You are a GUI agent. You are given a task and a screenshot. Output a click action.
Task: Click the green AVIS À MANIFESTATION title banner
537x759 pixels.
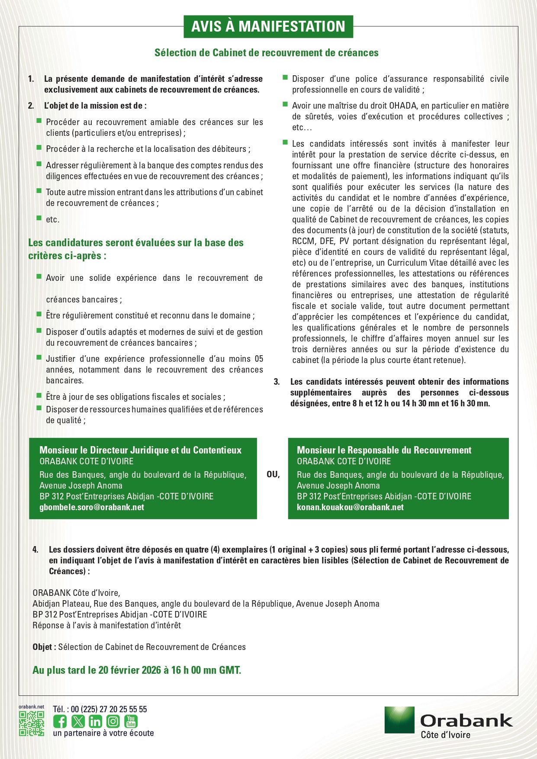pyautogui.click(x=268, y=26)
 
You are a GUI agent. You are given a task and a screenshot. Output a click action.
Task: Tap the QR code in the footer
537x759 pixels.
pyautogui.click(x=31, y=724)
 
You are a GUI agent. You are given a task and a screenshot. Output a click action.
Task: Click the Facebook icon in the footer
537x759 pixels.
pyautogui.click(x=60, y=721)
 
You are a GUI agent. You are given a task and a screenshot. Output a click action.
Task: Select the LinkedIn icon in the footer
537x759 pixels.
pyautogui.click(x=95, y=721)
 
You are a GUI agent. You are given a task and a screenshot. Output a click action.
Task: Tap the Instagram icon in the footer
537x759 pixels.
pyautogui.click(x=113, y=721)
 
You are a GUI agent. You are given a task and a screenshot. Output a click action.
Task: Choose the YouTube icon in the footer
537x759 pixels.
pyautogui.click(x=131, y=721)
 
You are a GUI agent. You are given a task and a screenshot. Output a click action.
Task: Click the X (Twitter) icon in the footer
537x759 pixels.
pyautogui.click(x=78, y=721)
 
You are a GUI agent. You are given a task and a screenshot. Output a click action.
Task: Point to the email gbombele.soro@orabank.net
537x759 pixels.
pyautogui.click(x=92, y=507)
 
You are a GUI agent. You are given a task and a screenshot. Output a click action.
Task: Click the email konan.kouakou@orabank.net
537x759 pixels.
pyautogui.click(x=350, y=507)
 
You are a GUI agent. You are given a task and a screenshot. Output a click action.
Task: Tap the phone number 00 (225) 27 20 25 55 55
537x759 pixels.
pyautogui.click(x=109, y=709)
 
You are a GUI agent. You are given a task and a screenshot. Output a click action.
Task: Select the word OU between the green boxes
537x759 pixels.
pyautogui.click(x=273, y=475)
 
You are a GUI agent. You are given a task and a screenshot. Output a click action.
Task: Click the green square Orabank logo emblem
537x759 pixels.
pyautogui.click(x=399, y=720)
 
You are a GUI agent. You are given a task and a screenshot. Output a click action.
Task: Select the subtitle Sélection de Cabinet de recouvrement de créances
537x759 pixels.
pyautogui.click(x=267, y=53)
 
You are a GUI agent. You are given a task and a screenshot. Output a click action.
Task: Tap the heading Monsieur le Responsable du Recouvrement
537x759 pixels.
pyautogui.click(x=384, y=450)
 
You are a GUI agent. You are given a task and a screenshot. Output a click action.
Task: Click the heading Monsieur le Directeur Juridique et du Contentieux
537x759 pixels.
pyautogui.click(x=140, y=450)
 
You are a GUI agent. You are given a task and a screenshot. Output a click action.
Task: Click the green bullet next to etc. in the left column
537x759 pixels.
pyautogui.click(x=39, y=218)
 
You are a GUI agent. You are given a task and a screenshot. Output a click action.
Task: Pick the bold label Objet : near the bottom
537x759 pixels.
pyautogui.click(x=44, y=647)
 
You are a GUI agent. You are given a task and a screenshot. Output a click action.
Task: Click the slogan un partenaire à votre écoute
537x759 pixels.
pyautogui.click(x=103, y=733)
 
